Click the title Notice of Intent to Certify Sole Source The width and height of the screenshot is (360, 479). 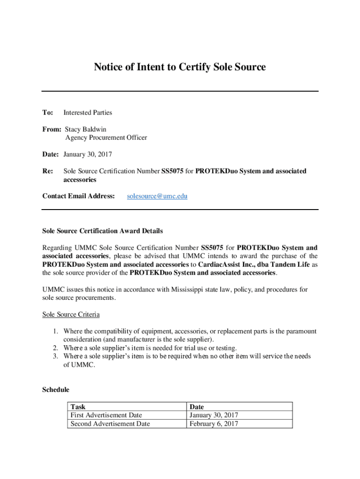pos(180,67)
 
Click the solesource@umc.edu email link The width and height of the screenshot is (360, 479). pos(157,196)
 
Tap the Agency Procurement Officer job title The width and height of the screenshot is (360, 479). pos(106,138)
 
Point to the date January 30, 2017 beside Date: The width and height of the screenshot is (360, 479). pos(87,154)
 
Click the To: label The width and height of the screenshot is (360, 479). pos(48,113)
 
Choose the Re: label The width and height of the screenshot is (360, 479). pos(48,171)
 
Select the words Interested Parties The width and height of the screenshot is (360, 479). pos(88,113)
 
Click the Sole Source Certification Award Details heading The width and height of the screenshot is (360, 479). pos(102,231)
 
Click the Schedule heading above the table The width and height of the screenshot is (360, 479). pos(56,390)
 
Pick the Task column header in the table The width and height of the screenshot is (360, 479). pos(78,407)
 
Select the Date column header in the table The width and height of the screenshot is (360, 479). pos(197,407)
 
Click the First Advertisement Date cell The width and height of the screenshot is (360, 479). pos(106,415)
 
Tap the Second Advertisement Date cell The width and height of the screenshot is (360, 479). pos(110,424)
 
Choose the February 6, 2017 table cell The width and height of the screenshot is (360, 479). pos(214,424)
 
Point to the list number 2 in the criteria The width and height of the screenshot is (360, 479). pos(55,348)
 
